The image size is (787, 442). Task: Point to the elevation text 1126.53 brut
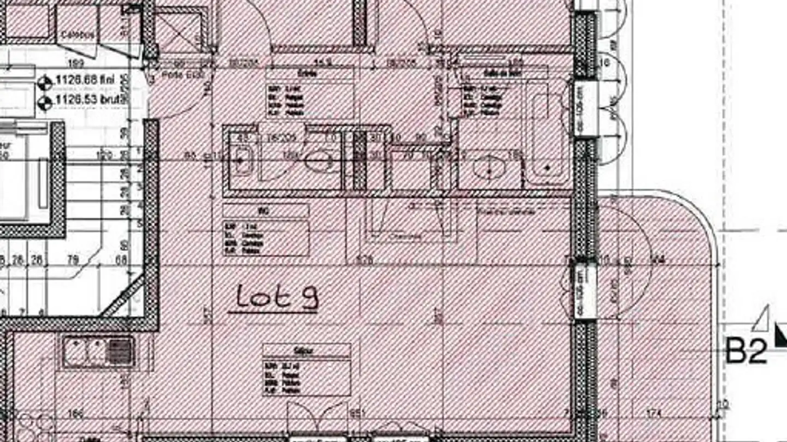pyautogui.click(x=90, y=100)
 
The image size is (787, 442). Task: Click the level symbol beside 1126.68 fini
pyautogui.click(x=45, y=83)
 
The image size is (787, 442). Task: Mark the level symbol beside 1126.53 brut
pyautogui.click(x=45, y=101)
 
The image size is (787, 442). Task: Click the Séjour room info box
pyautogui.click(x=307, y=369)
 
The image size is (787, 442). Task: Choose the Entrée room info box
pyautogui.click(x=310, y=93)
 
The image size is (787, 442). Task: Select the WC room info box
pyautogui.click(x=266, y=230)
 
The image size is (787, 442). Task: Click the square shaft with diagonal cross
pyautogui.click(x=180, y=31)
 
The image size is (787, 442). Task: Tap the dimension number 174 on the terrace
pyautogui.click(x=653, y=414)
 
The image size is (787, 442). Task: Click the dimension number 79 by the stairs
pyautogui.click(x=72, y=260)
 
